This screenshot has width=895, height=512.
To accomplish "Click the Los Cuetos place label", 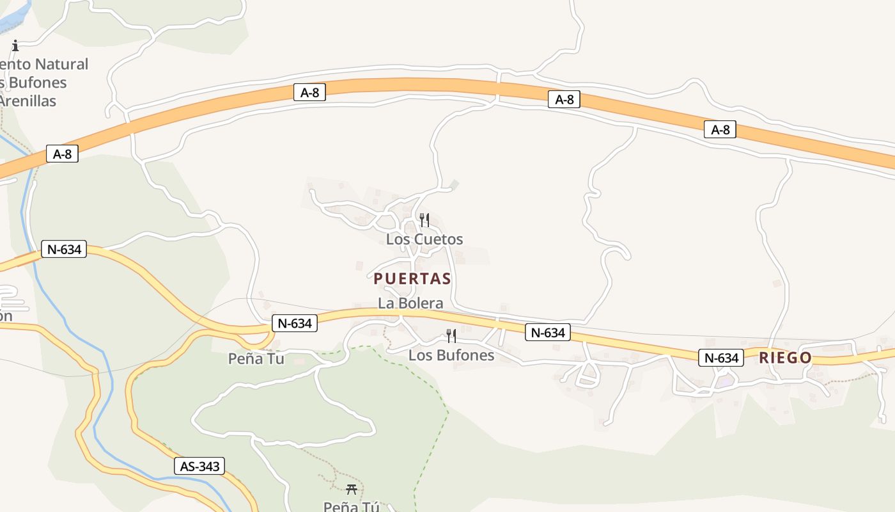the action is coord(424,239).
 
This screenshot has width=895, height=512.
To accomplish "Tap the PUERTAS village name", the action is coord(412,278).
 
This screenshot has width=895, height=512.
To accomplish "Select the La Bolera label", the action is coord(410,303).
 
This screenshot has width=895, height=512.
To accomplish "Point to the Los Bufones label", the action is coord(451,355).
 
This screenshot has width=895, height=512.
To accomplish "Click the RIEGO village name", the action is coord(785,358).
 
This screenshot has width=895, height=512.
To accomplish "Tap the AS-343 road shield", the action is coord(200,467).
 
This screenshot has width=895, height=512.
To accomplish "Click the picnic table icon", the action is coord(351,490).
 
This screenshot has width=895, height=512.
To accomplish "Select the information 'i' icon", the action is coord(15,45).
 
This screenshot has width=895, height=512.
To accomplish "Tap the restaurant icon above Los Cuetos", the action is coord(424,220).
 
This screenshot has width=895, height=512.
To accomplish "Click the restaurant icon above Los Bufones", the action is coord(451,336).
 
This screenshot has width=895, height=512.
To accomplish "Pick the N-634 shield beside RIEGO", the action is coord(720,358).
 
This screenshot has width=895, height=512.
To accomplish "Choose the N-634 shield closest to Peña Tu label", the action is coord(295,323).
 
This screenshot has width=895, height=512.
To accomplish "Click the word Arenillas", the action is coord(28,101).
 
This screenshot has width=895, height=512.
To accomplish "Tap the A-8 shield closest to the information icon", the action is coord(62,154).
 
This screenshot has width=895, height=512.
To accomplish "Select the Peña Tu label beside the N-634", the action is coord(256,358).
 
